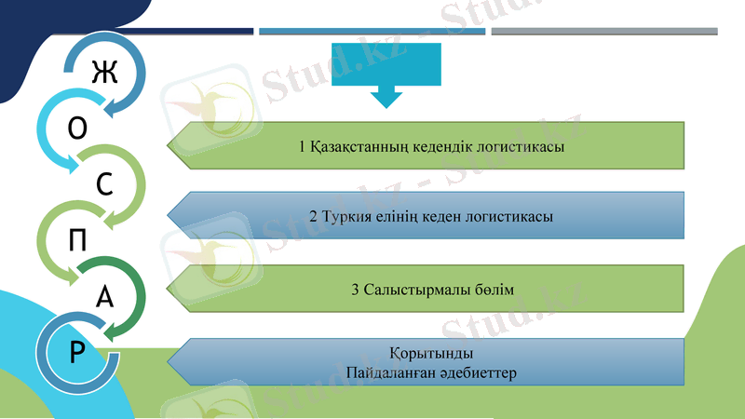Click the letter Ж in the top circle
click(x=104, y=73)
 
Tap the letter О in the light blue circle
click(x=79, y=128)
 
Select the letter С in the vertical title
click(x=105, y=184)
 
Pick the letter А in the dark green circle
click(x=105, y=297)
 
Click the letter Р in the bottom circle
click(x=78, y=352)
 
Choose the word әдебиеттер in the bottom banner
click(x=476, y=372)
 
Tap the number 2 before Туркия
click(x=313, y=217)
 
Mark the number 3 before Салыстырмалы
click(x=356, y=291)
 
